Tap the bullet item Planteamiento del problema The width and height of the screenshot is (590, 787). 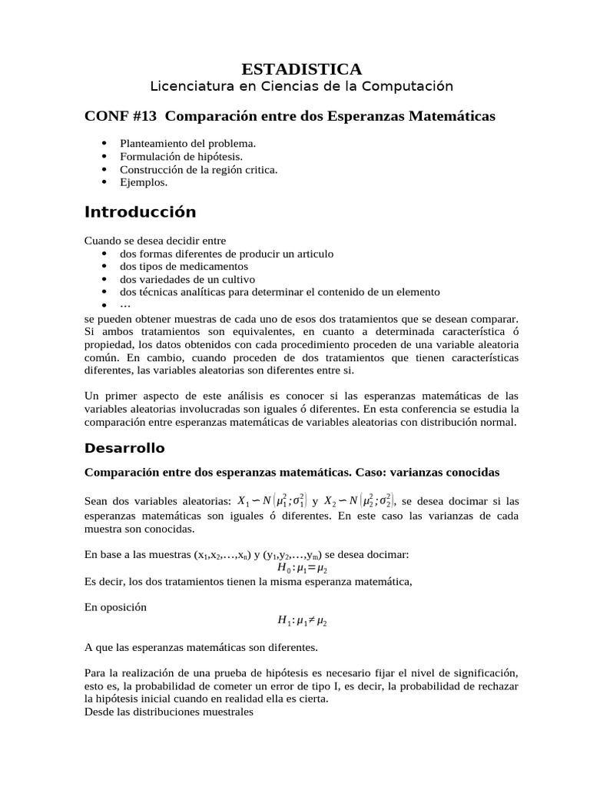(187, 144)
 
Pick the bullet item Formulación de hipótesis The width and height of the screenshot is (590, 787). (181, 157)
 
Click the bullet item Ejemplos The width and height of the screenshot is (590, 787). (143, 183)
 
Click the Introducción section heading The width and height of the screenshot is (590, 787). (140, 212)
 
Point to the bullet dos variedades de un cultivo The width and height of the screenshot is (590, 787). (187, 279)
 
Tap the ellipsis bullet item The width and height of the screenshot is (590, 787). (125, 305)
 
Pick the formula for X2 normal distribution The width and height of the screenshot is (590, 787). (360, 500)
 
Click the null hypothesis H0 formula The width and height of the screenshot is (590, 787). (302, 568)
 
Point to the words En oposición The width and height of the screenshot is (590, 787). (115, 606)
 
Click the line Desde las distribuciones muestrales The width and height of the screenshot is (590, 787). (168, 712)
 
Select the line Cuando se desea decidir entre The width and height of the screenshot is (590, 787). (155, 241)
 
